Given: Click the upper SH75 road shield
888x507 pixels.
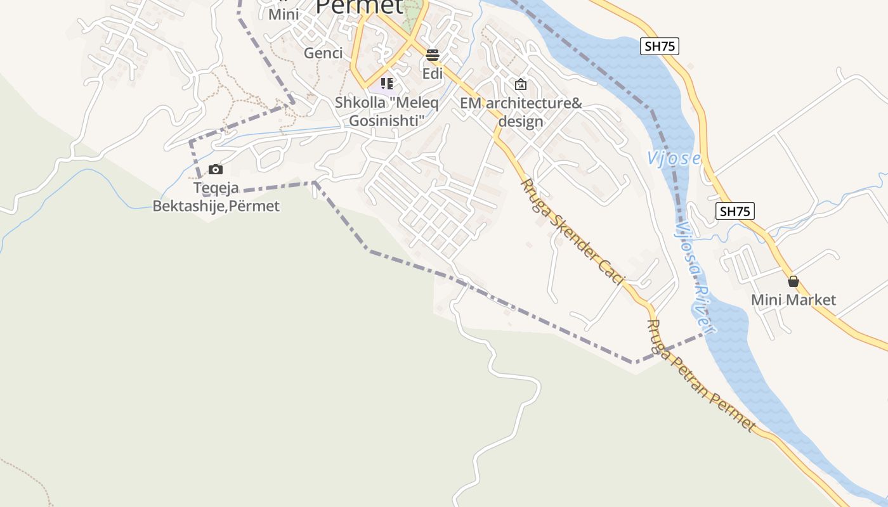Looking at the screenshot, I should click(x=660, y=46).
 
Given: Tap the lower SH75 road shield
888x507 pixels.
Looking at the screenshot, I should click(x=735, y=211).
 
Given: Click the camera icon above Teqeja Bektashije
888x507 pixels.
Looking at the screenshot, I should click(x=216, y=169).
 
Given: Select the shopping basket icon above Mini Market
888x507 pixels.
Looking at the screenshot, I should click(x=793, y=281).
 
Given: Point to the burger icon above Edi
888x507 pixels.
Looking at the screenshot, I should click(x=433, y=55).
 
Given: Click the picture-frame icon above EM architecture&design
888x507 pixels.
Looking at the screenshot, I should click(x=521, y=84).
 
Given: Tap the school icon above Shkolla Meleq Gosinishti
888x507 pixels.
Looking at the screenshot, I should click(x=387, y=83).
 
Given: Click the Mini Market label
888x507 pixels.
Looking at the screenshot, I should click(x=793, y=300).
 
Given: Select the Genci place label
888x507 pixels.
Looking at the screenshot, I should click(x=323, y=53).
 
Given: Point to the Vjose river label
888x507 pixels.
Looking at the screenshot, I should click(x=674, y=158).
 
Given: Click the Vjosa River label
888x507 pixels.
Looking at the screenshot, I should click(x=695, y=277).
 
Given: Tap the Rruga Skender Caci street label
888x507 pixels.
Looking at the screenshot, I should click(x=572, y=231).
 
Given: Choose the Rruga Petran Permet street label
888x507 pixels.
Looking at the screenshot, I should click(x=700, y=375).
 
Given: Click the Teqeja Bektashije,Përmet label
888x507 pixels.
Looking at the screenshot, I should click(x=216, y=197).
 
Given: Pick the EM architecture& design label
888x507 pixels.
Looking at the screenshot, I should click(x=521, y=112).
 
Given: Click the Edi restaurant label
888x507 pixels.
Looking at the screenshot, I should click(x=433, y=74).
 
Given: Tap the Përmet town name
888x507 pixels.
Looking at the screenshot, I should click(x=359, y=6).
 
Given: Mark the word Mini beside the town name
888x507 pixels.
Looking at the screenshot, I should click(x=284, y=14).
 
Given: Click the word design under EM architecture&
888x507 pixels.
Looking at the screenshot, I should click(x=521, y=122).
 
